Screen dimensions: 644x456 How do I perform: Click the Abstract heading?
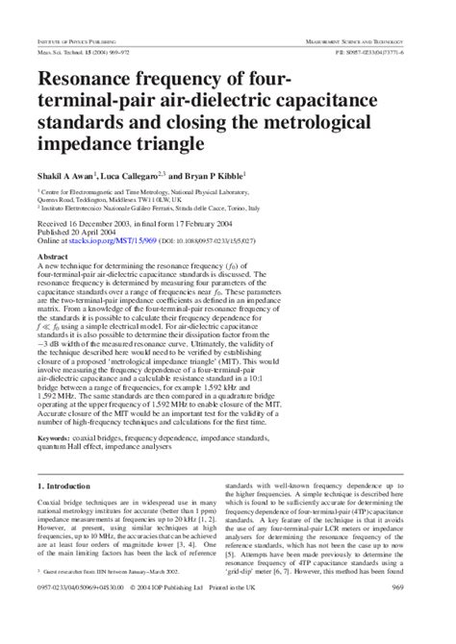[53, 256]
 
